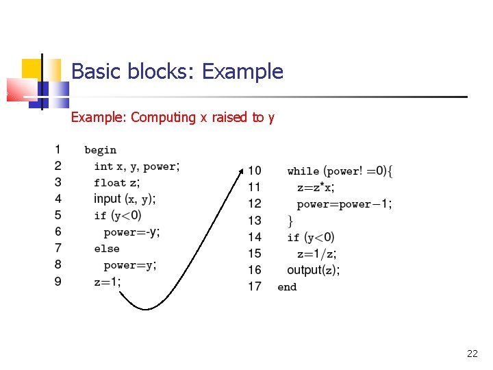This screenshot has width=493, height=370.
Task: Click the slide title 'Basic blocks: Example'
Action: pos(177,71)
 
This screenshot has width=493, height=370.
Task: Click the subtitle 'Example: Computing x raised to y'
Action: pos(173,117)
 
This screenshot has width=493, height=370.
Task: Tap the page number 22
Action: pos(472,354)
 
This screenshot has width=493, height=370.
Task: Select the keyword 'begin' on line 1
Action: pos(101,150)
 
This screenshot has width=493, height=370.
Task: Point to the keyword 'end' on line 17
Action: pos(287,287)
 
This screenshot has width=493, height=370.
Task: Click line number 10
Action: pos(254,171)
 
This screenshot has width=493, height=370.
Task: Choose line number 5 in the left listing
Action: pos(58,215)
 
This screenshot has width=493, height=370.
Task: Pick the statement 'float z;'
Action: pos(117,182)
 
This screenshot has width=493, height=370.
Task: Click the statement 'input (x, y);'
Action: pos(125,199)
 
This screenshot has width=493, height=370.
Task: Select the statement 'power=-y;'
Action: pos(131,232)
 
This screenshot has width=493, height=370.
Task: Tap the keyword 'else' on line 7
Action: pos(107,249)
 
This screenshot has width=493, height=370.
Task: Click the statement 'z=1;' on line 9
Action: pos(108,282)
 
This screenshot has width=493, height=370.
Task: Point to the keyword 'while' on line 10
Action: pos(303,171)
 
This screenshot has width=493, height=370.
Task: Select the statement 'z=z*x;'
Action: pos(316,187)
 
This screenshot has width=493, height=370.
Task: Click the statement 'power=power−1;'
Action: pos(344,204)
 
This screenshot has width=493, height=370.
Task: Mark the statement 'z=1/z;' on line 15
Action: pos(316,254)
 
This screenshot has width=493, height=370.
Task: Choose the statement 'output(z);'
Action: pos(314,270)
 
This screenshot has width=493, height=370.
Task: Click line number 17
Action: pos(254,286)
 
